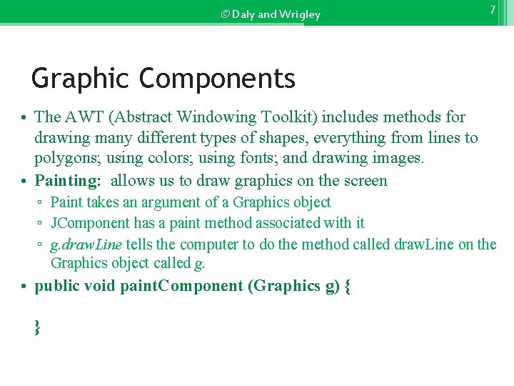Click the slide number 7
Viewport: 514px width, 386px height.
[x=492, y=10]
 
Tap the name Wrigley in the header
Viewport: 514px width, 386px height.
[x=301, y=14]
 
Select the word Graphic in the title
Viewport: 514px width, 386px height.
[x=81, y=78]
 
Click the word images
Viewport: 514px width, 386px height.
[x=398, y=159]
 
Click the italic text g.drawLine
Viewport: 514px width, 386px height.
[x=86, y=244]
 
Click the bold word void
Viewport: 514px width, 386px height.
[x=100, y=286]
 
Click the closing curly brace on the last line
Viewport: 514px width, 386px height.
[x=36, y=328]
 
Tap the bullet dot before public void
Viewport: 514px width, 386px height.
[x=24, y=287]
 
